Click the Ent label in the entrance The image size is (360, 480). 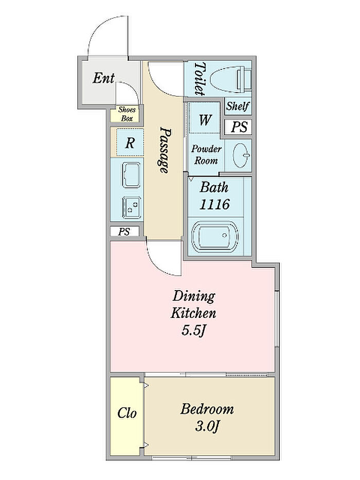(103, 78)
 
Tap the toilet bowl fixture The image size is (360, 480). (231, 79)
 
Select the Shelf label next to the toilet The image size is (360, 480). (238, 106)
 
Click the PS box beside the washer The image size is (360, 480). (239, 127)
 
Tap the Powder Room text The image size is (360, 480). (206, 154)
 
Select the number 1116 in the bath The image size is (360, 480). (214, 204)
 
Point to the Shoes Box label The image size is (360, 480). (127, 114)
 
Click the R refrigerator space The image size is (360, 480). (130, 143)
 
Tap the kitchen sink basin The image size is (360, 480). (131, 175)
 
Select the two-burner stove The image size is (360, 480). (131, 207)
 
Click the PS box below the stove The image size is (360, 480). (124, 232)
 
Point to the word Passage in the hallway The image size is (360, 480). (165, 150)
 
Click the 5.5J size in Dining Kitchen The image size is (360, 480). (193, 331)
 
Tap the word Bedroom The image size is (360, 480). (207, 409)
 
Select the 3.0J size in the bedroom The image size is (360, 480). (207, 426)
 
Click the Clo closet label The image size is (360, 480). (127, 413)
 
